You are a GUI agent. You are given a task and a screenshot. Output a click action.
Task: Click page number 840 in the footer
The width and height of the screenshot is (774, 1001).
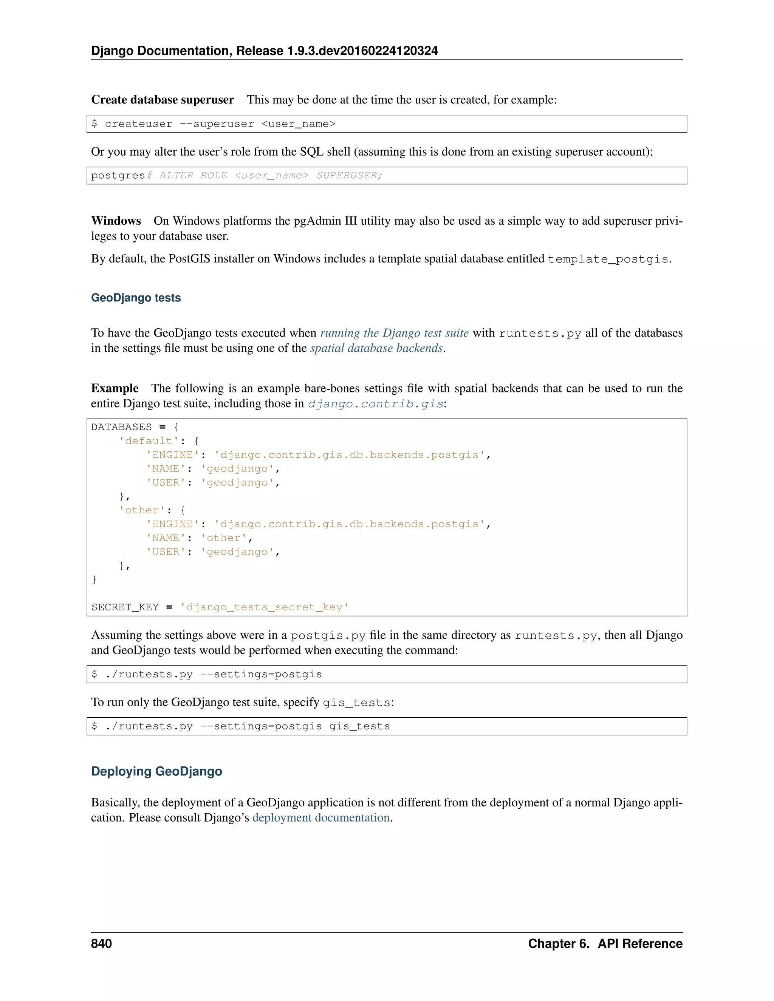pyautogui.click(x=101, y=944)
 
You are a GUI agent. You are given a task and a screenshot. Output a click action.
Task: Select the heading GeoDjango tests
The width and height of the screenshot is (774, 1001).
pyautogui.click(x=136, y=298)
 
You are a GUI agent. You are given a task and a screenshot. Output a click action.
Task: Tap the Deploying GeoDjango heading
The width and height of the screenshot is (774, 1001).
pyautogui.click(x=156, y=771)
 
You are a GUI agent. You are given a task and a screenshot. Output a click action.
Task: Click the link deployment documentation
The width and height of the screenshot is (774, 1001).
pyautogui.click(x=321, y=818)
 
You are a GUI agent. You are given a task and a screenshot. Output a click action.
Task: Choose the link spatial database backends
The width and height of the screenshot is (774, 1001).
pyautogui.click(x=376, y=348)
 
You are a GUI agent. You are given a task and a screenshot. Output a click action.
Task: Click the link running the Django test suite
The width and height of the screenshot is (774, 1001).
pyautogui.click(x=394, y=333)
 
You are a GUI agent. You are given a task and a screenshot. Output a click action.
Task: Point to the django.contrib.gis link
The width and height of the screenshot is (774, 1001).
pyautogui.click(x=376, y=404)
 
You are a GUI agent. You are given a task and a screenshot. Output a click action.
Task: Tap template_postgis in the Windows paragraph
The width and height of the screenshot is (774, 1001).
pyautogui.click(x=608, y=259)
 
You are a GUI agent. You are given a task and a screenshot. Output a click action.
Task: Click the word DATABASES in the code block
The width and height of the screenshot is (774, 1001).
pyautogui.click(x=122, y=427)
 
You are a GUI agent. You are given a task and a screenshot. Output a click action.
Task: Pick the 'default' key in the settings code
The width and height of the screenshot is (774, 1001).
pyautogui.click(x=149, y=441)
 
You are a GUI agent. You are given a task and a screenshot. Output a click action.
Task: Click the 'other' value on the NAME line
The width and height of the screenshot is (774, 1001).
pyautogui.click(x=224, y=538)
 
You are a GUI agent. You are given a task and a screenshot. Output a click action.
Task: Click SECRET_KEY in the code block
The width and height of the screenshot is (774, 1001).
pyautogui.click(x=125, y=607)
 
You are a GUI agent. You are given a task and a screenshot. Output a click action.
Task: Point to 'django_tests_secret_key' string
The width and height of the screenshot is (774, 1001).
pyautogui.click(x=264, y=607)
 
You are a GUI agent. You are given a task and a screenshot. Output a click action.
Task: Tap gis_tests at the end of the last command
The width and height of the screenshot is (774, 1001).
pyautogui.click(x=359, y=726)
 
